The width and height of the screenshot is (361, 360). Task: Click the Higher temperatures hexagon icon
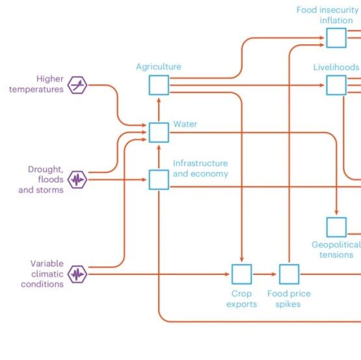click(x=77, y=85)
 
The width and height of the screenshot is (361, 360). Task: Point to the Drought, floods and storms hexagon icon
click(x=77, y=179)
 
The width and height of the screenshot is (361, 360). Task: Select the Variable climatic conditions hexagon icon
click(x=77, y=274)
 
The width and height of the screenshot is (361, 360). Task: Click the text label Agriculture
click(x=159, y=67)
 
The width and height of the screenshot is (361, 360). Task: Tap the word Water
click(x=185, y=124)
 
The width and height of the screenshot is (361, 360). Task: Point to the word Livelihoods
click(x=336, y=67)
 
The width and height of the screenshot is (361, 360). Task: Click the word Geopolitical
click(x=336, y=245)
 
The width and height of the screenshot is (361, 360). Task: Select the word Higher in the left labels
click(x=49, y=79)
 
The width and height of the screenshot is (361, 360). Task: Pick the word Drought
click(x=46, y=170)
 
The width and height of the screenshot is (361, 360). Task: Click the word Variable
click(x=47, y=264)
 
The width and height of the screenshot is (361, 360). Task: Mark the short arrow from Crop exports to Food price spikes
click(x=264, y=274)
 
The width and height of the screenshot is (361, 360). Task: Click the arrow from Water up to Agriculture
click(x=159, y=110)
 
